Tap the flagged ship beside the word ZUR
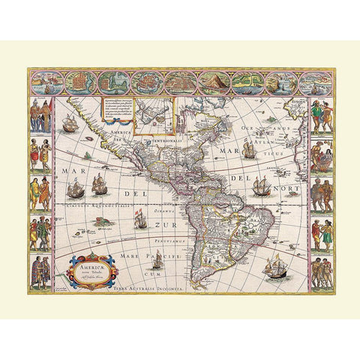[x=137, y=218]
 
